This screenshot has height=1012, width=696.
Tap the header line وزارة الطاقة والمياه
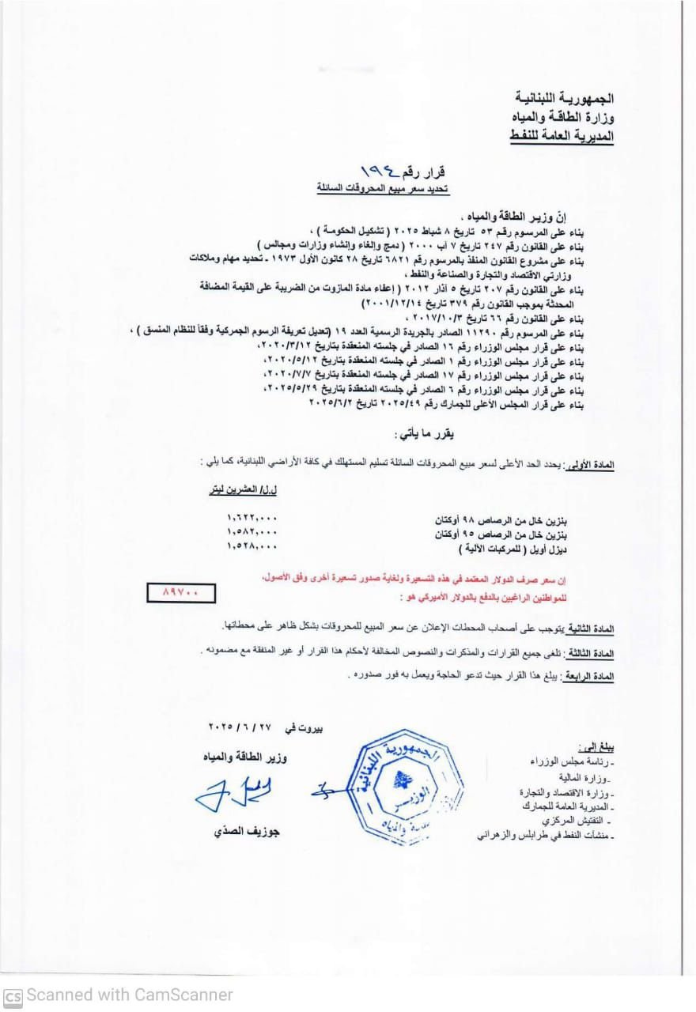[563, 118]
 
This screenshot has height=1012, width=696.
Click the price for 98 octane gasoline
[252, 519]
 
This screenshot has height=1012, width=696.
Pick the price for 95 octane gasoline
[252, 532]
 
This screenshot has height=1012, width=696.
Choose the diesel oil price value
[252, 546]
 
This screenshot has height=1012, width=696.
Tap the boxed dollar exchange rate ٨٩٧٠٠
[180, 591]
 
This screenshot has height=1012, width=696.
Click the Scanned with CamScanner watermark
[119, 995]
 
